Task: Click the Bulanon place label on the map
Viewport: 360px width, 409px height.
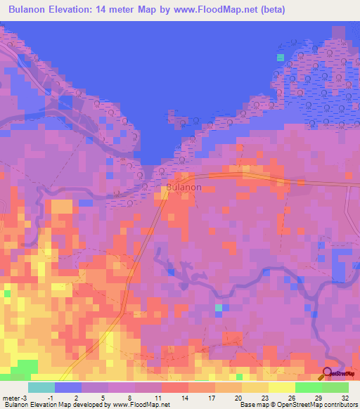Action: coord(184,188)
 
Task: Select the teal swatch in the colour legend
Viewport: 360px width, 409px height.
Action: coord(41,387)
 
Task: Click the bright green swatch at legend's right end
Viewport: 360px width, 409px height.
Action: coord(335,387)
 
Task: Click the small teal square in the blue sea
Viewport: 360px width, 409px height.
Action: coord(281,57)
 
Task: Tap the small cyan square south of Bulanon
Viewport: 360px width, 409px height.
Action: coord(218,308)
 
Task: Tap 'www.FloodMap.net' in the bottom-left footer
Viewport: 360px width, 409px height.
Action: coord(141,405)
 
